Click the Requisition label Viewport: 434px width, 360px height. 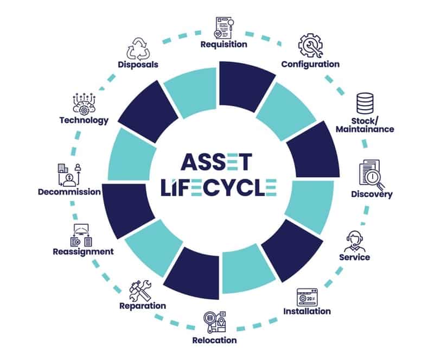[224, 45]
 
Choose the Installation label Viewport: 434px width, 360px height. [307, 311]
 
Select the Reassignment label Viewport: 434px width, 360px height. [83, 251]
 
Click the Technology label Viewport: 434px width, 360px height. [84, 121]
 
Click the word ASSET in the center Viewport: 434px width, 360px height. [216, 161]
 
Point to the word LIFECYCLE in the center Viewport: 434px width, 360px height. [218, 187]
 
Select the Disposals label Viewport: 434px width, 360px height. [138, 65]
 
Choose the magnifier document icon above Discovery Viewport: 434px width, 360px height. [371, 172]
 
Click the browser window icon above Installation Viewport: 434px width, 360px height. [307, 296]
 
